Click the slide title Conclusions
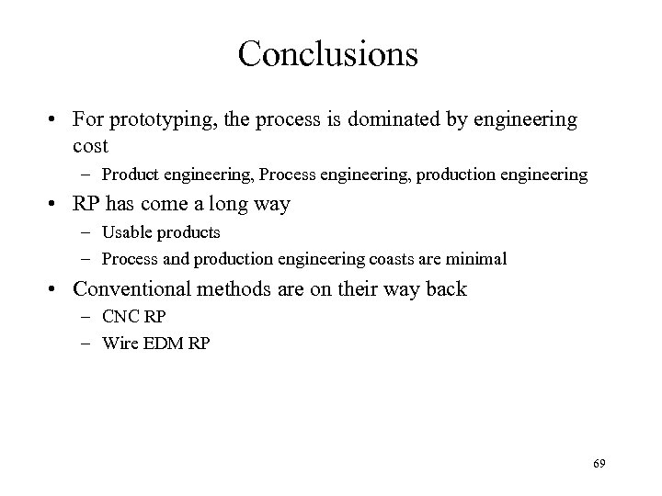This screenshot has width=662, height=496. coord(328,53)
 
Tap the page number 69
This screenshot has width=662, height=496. coord(599,466)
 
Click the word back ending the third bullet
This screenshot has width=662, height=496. coord(444,289)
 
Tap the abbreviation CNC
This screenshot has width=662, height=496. coord(120,318)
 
